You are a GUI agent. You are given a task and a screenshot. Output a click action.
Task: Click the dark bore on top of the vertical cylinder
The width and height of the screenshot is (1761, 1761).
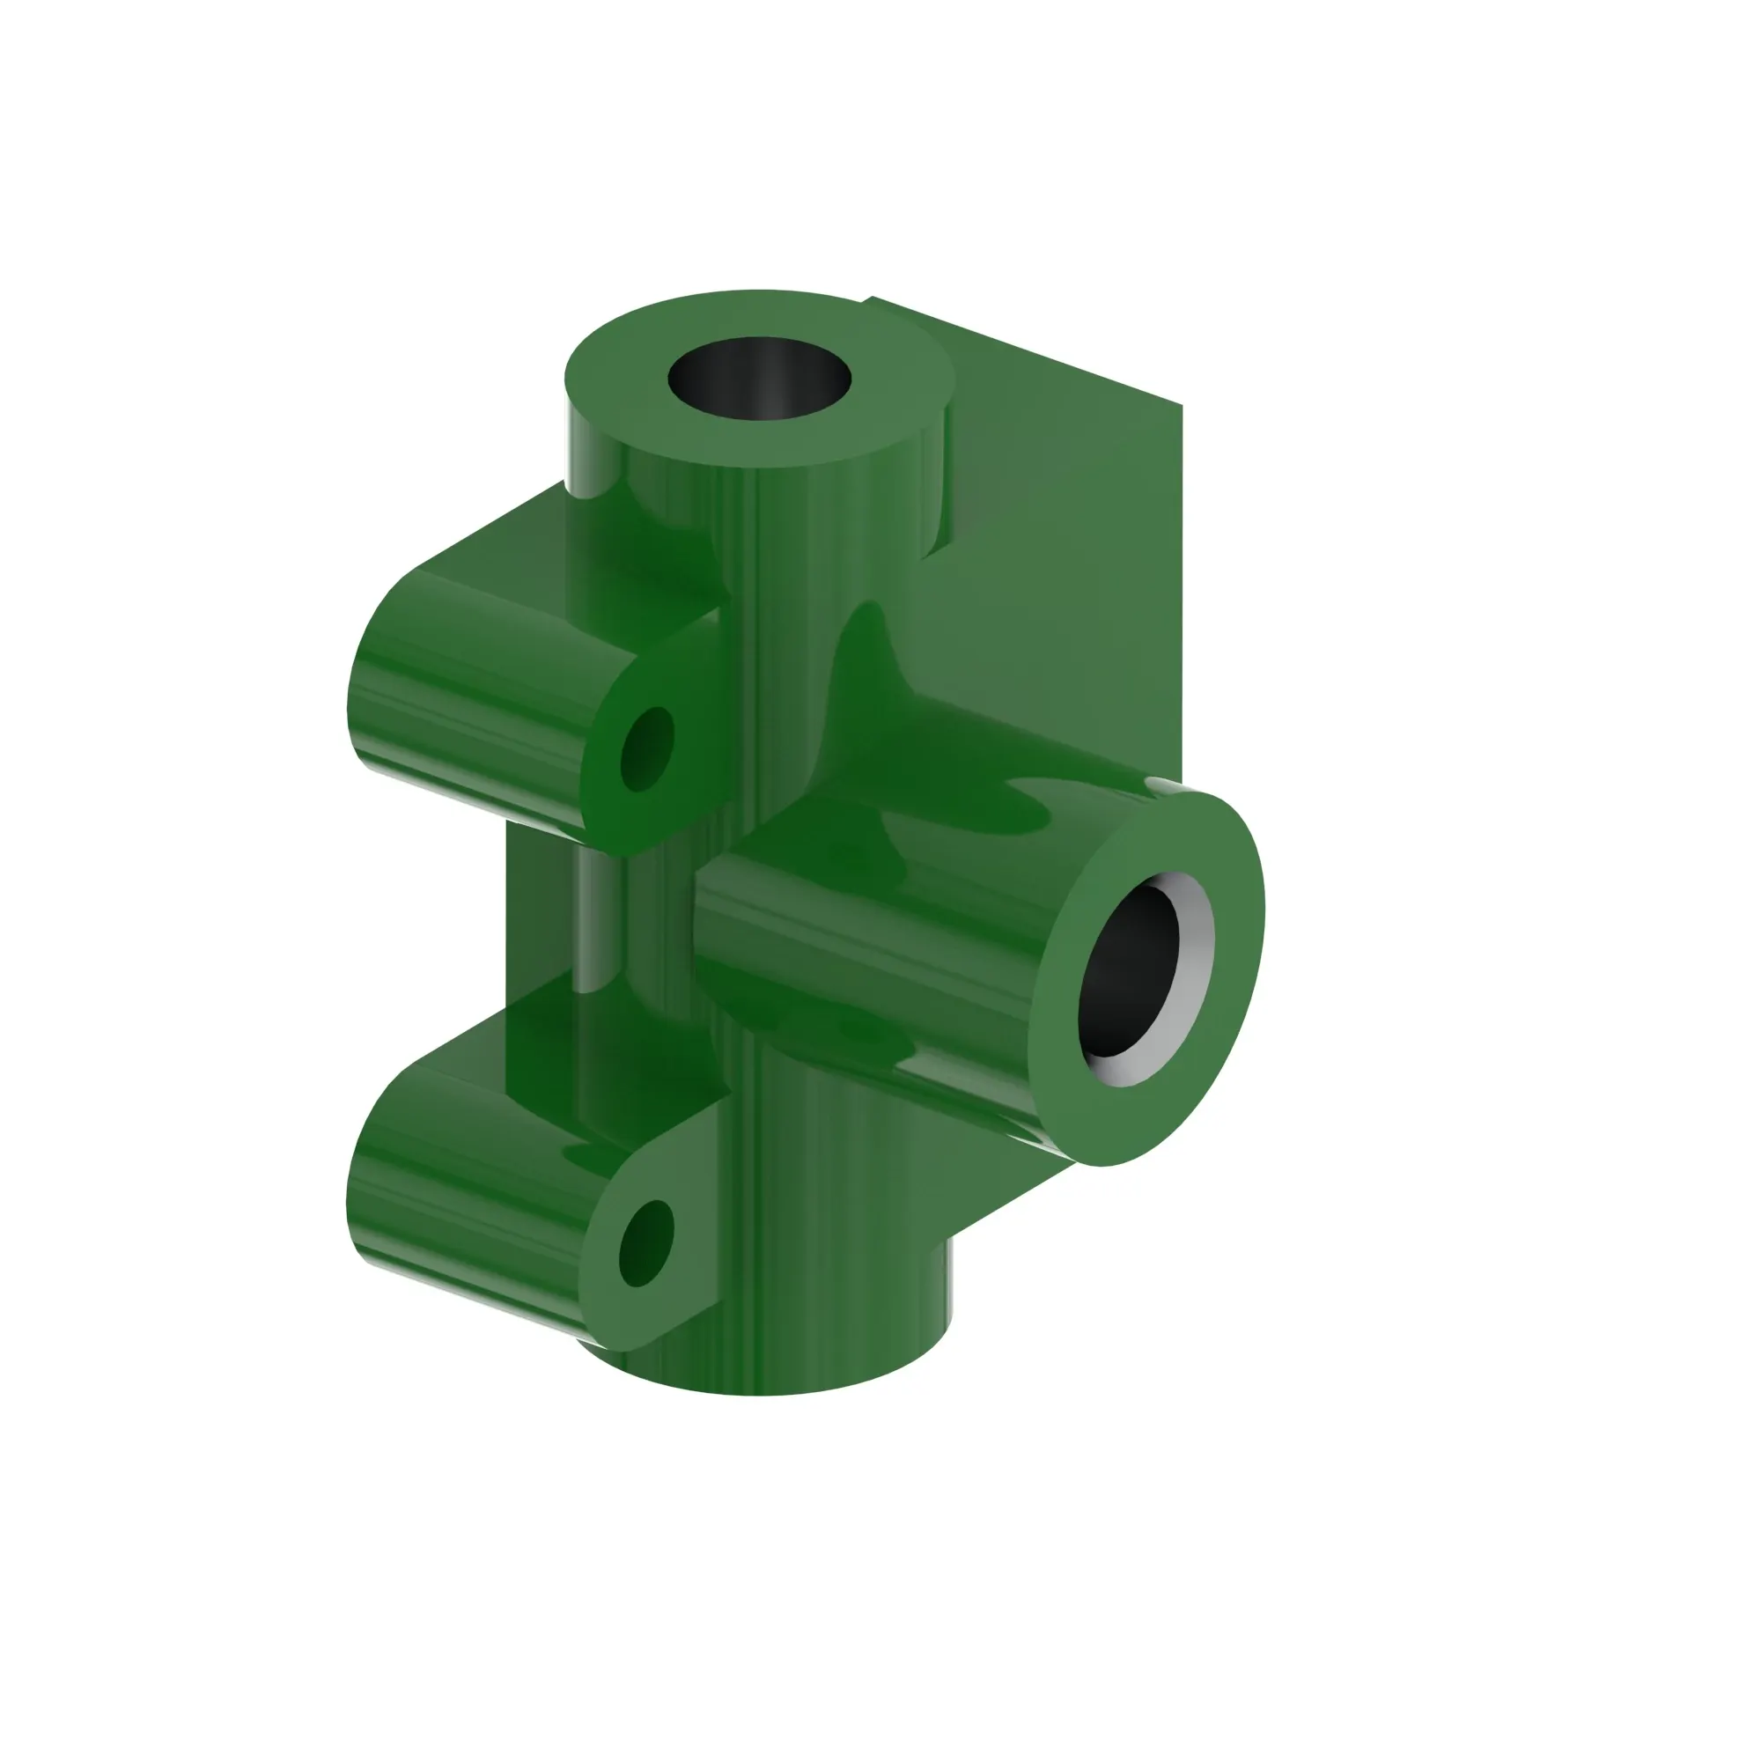[x=759, y=378]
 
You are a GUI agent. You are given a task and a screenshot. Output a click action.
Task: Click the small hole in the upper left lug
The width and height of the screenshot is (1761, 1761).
[x=647, y=748]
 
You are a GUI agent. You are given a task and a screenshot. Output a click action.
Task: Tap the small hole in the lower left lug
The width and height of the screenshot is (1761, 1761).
[x=645, y=1243]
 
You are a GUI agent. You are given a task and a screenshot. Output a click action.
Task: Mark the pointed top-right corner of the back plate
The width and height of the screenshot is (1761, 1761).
[x=1182, y=405]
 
